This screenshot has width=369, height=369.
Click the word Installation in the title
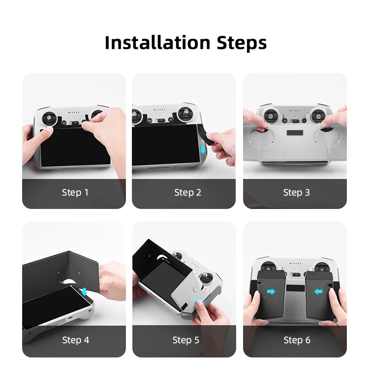157,42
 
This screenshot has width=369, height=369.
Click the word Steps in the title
242,43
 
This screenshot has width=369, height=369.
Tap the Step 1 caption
75,192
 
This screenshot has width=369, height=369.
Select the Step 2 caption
188,193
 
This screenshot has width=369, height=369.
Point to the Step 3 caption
296,193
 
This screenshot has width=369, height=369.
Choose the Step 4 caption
76,340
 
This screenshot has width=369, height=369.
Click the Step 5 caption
186,340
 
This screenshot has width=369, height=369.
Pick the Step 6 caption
297,340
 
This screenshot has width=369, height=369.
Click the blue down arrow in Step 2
203,149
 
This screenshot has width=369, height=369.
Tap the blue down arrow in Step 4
84,292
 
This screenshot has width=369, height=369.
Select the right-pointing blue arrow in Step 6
271,292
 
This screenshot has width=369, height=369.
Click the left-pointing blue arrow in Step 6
318,292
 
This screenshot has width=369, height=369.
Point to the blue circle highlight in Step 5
198,302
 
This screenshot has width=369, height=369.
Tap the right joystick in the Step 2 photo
185,113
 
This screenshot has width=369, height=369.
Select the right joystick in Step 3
318,116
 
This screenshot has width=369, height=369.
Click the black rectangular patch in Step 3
295,133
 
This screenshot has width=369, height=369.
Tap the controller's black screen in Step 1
75,147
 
